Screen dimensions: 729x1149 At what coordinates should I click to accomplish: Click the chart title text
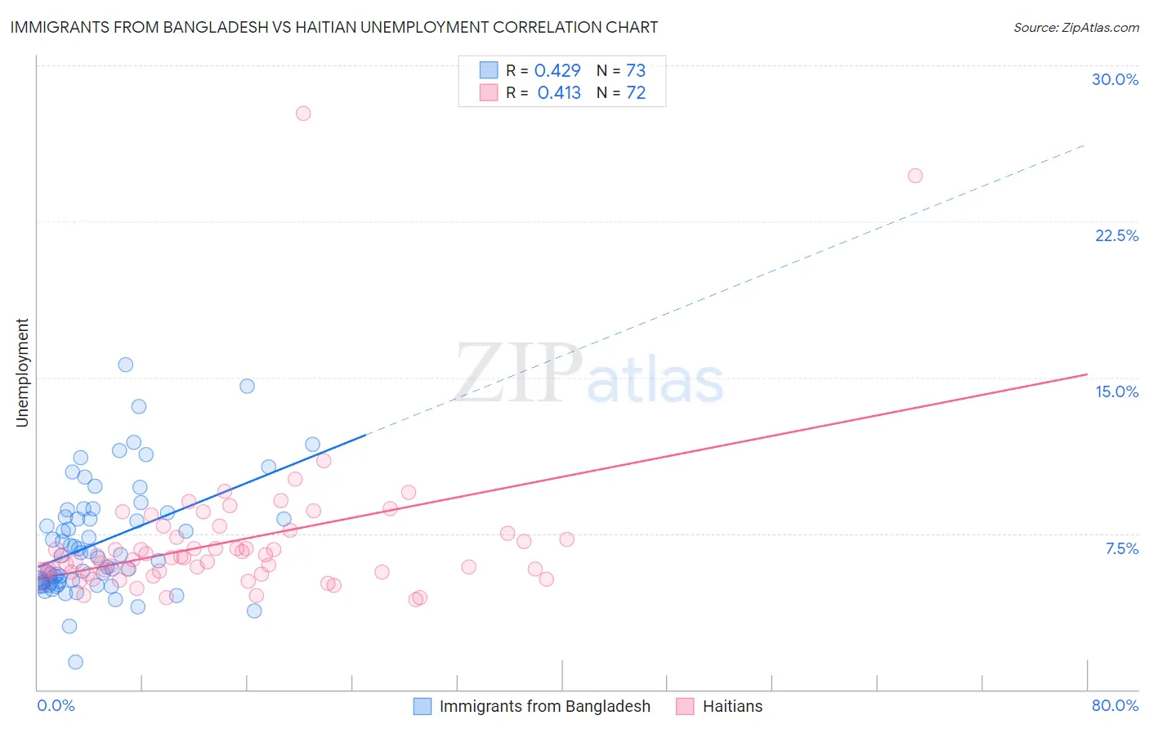click(x=333, y=27)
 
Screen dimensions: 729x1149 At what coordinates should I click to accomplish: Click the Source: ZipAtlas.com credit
click(x=1075, y=27)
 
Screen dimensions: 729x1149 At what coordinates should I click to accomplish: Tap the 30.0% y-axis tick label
click(x=1115, y=79)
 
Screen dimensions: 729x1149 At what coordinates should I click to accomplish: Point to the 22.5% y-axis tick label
click(x=1116, y=235)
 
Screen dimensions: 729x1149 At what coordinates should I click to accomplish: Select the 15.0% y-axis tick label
click(x=1116, y=391)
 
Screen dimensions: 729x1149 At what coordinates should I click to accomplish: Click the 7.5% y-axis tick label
click(x=1121, y=548)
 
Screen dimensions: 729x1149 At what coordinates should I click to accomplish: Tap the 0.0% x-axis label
click(x=56, y=705)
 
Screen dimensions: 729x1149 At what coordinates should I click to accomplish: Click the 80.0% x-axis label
click(x=1115, y=705)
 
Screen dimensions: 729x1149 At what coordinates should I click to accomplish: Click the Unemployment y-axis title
click(x=22, y=373)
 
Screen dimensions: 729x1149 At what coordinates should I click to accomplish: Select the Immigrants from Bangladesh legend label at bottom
click(x=544, y=706)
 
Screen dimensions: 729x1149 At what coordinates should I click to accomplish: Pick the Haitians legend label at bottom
click(x=732, y=706)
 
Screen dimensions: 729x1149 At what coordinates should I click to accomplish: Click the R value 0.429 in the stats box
click(x=557, y=70)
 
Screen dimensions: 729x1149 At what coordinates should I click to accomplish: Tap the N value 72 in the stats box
click(x=636, y=92)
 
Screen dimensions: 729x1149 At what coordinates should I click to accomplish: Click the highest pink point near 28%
click(x=303, y=114)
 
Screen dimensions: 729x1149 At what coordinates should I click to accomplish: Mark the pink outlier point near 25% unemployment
click(x=915, y=176)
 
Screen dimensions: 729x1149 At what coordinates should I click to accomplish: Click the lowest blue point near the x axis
click(x=75, y=662)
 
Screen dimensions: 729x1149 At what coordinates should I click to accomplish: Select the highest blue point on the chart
click(x=126, y=364)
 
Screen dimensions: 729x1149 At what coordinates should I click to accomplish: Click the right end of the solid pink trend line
click(x=1087, y=374)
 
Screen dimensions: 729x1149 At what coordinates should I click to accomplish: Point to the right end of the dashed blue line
click(x=1085, y=145)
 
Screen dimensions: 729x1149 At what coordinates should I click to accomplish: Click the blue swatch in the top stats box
click(x=489, y=70)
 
